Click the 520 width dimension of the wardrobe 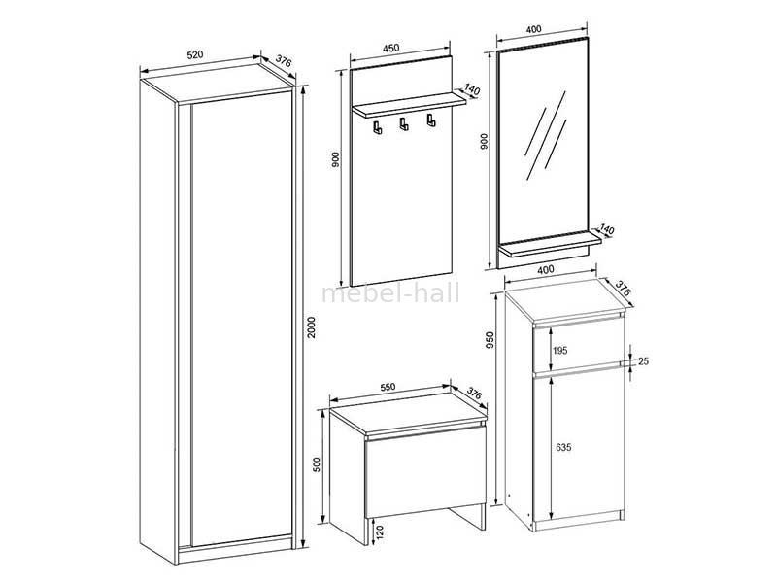coord(195,55)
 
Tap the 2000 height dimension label coord(311,327)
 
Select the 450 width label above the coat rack coord(391,48)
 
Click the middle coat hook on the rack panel coord(404,124)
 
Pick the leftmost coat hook coord(378,127)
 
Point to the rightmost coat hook coord(431,120)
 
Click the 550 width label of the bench coord(388,387)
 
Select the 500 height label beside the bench coord(318,464)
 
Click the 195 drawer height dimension coord(560,351)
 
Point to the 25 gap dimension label coord(643,361)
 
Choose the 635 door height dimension coord(563,447)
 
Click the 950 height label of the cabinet coord(490,339)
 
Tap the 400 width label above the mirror coord(533,29)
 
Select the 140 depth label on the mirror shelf coord(607,230)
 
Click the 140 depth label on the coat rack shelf coord(472,90)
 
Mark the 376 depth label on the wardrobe coord(284,62)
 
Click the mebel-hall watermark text coord(390,293)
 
